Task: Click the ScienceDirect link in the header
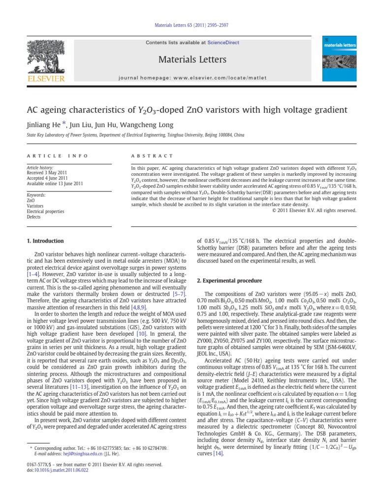tap(223, 43)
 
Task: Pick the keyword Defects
tap(33, 217)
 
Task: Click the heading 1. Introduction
tap(45, 241)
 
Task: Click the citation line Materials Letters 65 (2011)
tap(189, 25)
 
